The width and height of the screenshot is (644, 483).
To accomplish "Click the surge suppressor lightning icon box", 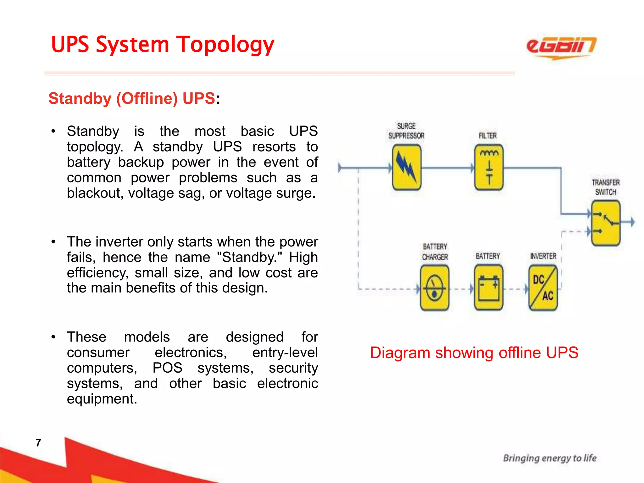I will pyautogui.click(x=407, y=167).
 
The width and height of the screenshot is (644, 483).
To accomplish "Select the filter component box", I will pyautogui.click(x=489, y=167).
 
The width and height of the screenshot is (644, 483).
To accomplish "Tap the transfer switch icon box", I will pyautogui.click(x=606, y=223).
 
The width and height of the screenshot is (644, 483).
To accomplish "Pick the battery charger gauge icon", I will pyautogui.click(x=435, y=288).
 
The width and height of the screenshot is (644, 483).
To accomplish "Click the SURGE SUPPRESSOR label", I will pyautogui.click(x=406, y=131).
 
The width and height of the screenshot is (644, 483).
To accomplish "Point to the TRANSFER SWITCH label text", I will pyautogui.click(x=606, y=187).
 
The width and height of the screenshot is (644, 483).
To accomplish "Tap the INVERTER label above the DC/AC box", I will pyautogui.click(x=543, y=256).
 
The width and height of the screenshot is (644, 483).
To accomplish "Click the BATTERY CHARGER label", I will pyautogui.click(x=435, y=252).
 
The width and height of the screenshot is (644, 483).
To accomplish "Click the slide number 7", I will pyautogui.click(x=38, y=443).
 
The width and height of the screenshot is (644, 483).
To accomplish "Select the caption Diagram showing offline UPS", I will pyautogui.click(x=474, y=353).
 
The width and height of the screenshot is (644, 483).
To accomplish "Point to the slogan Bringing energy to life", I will pyautogui.click(x=550, y=458).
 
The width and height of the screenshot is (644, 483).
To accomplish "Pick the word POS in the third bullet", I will pyautogui.click(x=168, y=368).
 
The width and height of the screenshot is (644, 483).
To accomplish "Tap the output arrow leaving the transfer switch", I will pyautogui.click(x=630, y=222).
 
